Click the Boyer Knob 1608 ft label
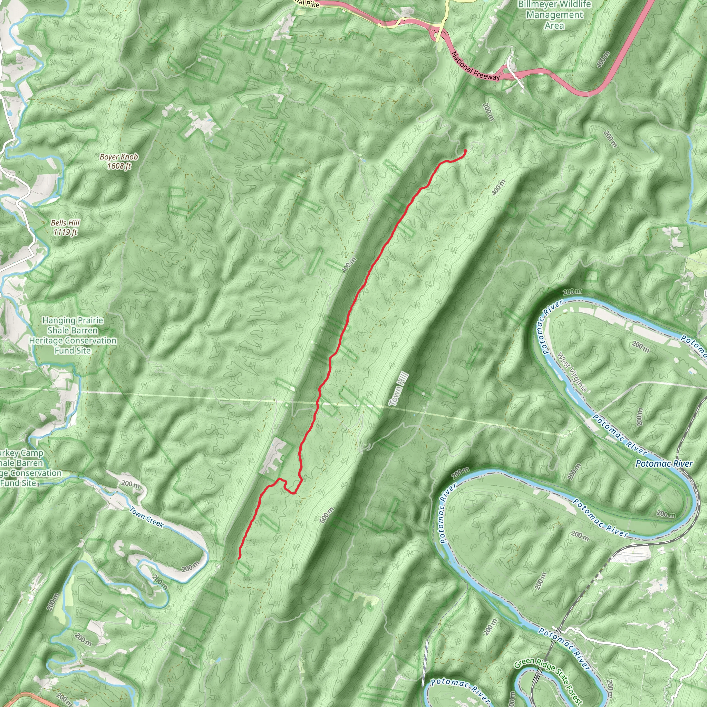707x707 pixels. click(x=119, y=161)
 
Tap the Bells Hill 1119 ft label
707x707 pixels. click(x=65, y=227)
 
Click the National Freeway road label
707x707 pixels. click(x=475, y=66)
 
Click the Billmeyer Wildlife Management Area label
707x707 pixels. click(x=554, y=15)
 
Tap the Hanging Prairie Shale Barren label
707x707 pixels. click(x=72, y=335)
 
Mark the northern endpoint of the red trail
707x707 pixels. click(x=465, y=151)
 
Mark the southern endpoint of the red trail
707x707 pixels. click(x=239, y=558)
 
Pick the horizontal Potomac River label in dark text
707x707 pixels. click(x=664, y=464)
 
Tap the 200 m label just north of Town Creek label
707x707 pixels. click(x=130, y=484)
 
